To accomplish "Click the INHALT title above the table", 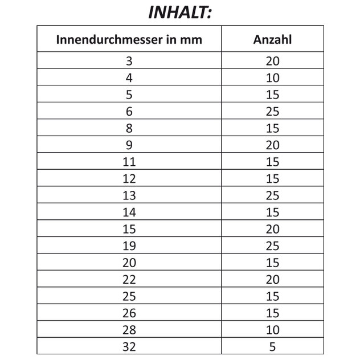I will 180,13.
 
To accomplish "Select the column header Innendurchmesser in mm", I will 129,40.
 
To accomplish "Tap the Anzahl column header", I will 272,40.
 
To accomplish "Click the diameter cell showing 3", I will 129,61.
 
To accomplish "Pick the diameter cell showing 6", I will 129,111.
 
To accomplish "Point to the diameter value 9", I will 129,145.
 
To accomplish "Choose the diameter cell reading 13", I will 129,195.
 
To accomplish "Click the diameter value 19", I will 129,246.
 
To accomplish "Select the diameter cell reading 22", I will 129,279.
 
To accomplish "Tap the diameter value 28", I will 129,329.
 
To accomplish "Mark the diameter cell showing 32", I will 129,346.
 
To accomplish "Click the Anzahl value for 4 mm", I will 272,77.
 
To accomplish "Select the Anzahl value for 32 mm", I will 272,346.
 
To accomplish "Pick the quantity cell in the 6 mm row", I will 272,111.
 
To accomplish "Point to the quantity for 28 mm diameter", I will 272,329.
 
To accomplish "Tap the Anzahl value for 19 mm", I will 272,246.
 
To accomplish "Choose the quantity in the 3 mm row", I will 272,61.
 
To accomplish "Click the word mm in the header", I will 192,40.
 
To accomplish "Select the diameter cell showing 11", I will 129,162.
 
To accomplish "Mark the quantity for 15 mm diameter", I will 272,229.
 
